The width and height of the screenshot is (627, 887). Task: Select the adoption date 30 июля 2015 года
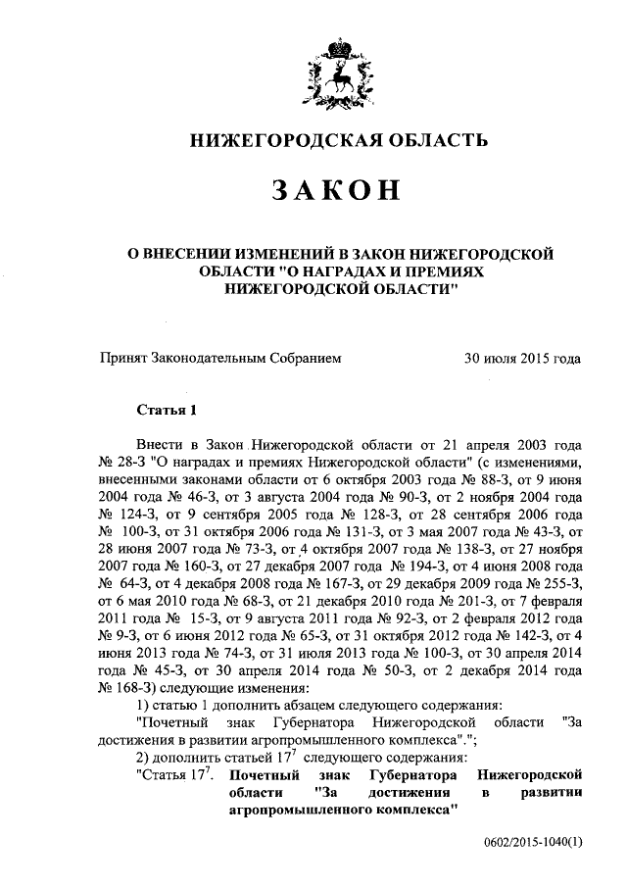[522, 359]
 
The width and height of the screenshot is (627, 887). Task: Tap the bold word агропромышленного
[304, 813]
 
